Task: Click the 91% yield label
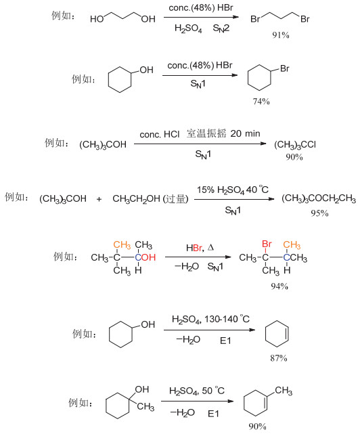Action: point(281,35)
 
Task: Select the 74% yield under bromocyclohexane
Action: point(261,102)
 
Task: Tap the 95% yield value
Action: point(319,213)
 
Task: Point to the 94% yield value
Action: point(279,286)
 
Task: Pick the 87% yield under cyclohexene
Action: point(279,358)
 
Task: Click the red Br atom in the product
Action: point(267,244)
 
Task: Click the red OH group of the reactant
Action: point(149,257)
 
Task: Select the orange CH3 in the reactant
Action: point(122,245)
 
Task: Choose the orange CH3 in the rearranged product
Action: point(292,244)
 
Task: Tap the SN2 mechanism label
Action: point(221,28)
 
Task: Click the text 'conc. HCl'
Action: point(160,135)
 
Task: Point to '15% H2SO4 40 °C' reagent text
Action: point(233,190)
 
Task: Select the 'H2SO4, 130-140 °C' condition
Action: point(210,320)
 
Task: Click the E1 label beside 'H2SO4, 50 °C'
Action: point(213,414)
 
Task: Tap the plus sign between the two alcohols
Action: point(99,199)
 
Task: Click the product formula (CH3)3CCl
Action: point(295,145)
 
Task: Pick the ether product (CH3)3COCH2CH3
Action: point(319,199)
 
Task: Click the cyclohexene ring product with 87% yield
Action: point(277,334)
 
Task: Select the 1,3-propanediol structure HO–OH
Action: point(122,18)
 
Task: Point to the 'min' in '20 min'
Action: point(252,133)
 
